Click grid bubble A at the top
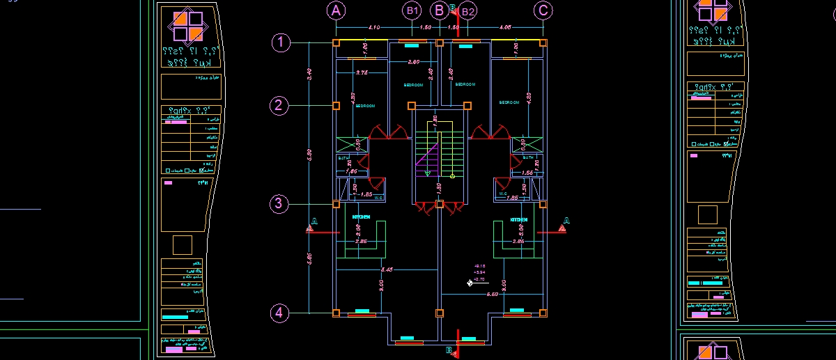[336, 10]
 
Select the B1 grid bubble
[412, 10]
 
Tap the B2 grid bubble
[468, 10]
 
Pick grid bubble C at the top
[543, 10]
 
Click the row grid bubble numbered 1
[280, 43]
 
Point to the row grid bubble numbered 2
[279, 106]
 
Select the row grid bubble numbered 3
[279, 204]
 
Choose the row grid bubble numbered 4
[279, 313]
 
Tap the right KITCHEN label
[519, 219]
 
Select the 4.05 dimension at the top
[506, 27]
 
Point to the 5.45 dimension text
[387, 269]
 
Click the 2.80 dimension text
[413, 63]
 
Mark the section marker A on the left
[313, 223]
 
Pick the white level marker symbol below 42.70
[471, 283]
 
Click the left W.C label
[379, 197]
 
